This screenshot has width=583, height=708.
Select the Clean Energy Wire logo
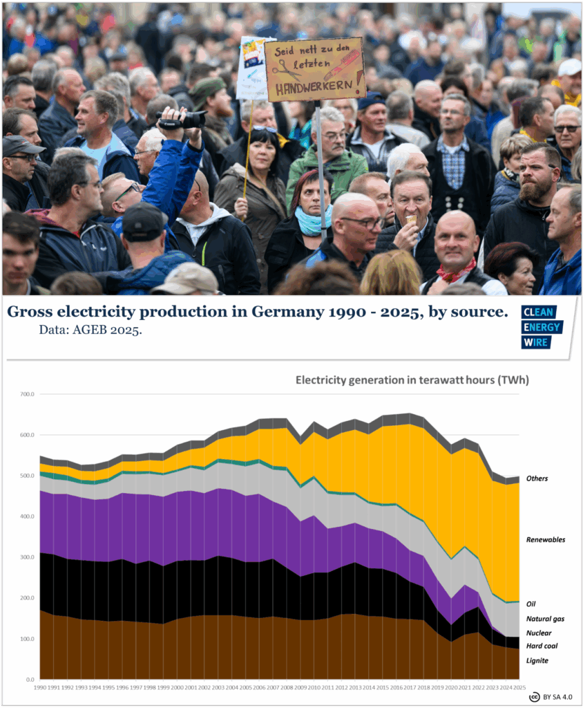542,326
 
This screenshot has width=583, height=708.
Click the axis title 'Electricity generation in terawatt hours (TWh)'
412,380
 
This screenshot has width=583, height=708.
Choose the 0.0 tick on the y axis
29,679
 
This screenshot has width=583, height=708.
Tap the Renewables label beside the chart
546,539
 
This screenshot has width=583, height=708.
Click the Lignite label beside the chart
537,660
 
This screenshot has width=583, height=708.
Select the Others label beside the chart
537,478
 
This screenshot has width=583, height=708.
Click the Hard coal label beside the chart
541,646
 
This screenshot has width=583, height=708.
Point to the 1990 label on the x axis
40,688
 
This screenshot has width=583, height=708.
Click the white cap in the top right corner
570,67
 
